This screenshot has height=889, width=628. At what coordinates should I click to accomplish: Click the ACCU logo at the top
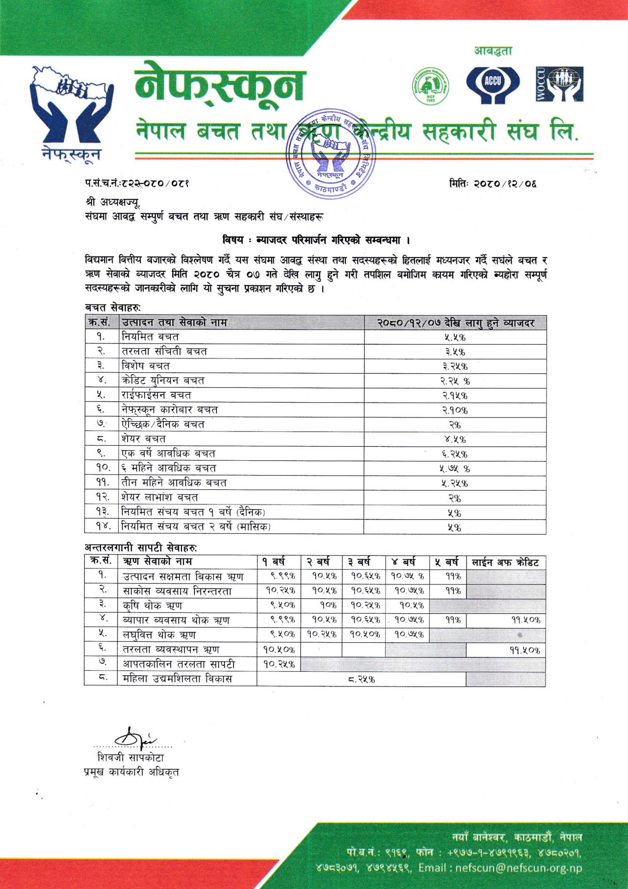point(492,84)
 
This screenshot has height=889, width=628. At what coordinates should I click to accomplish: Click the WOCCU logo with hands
point(559,84)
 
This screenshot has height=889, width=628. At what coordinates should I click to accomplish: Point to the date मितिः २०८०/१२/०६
point(493,184)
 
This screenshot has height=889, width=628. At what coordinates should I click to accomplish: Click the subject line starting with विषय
point(316,240)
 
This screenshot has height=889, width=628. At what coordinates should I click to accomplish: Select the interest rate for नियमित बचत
point(455,337)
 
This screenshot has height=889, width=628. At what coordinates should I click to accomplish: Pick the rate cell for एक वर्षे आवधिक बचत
point(455,454)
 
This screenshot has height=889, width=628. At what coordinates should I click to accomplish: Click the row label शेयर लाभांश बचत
point(160,497)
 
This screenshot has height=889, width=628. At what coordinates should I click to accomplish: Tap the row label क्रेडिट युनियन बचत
point(163,381)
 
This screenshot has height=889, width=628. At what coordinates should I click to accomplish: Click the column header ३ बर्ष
point(363,562)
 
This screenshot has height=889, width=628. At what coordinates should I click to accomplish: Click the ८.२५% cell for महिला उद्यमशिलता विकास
point(361,680)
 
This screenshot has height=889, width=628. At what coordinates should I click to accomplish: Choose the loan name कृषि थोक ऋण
point(153,606)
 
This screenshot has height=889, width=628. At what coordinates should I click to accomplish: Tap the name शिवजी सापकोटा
point(131,758)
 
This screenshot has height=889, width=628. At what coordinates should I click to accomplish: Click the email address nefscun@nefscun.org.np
point(518,868)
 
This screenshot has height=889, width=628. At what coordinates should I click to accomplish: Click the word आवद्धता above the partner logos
point(493,51)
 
